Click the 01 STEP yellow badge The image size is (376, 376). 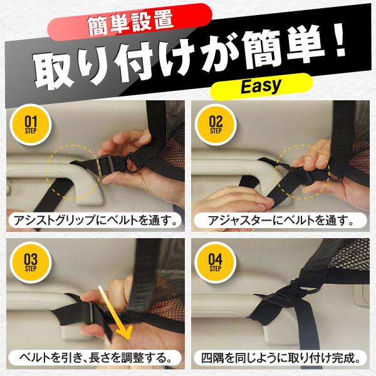click(x=31, y=125)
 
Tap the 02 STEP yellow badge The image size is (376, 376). click(x=216, y=125)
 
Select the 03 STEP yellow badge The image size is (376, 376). click(x=31, y=263)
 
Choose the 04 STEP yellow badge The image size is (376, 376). click(x=215, y=263)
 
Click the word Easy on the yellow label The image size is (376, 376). click(x=261, y=86)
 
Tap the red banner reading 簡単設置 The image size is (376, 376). click(x=130, y=22)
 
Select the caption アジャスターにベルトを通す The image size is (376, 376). click(x=280, y=221)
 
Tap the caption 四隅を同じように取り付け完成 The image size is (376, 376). click(x=280, y=358)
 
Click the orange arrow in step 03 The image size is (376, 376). click(x=115, y=313)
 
